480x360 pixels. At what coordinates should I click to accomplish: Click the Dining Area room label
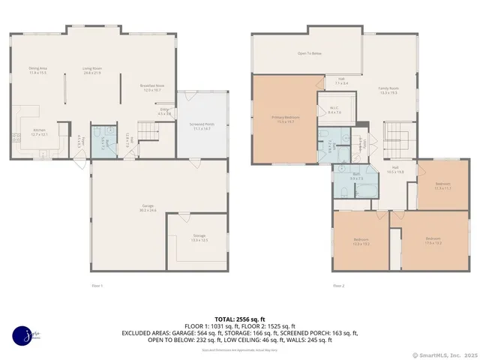coord(38,71)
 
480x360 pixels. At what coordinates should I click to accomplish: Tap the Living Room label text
coord(93,71)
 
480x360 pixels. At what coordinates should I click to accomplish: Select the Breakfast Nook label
coord(152,88)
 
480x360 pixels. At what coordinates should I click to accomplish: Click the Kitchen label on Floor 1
coord(40,132)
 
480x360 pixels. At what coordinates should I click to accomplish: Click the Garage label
coord(148,207)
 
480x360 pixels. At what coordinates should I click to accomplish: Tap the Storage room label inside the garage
coord(199,238)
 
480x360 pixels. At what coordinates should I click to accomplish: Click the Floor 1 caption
coord(97,286)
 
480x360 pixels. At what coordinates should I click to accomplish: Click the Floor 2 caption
coord(339,286)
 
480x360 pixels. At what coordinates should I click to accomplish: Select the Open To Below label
coord(309,53)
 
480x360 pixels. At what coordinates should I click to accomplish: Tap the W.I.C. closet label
coord(334,109)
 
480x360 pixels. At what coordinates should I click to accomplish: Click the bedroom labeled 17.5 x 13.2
coord(433,241)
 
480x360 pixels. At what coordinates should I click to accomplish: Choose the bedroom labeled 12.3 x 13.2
coord(361,241)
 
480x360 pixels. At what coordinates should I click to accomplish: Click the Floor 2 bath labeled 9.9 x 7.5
coord(356,177)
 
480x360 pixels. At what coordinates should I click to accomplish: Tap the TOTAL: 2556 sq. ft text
coord(240,319)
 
